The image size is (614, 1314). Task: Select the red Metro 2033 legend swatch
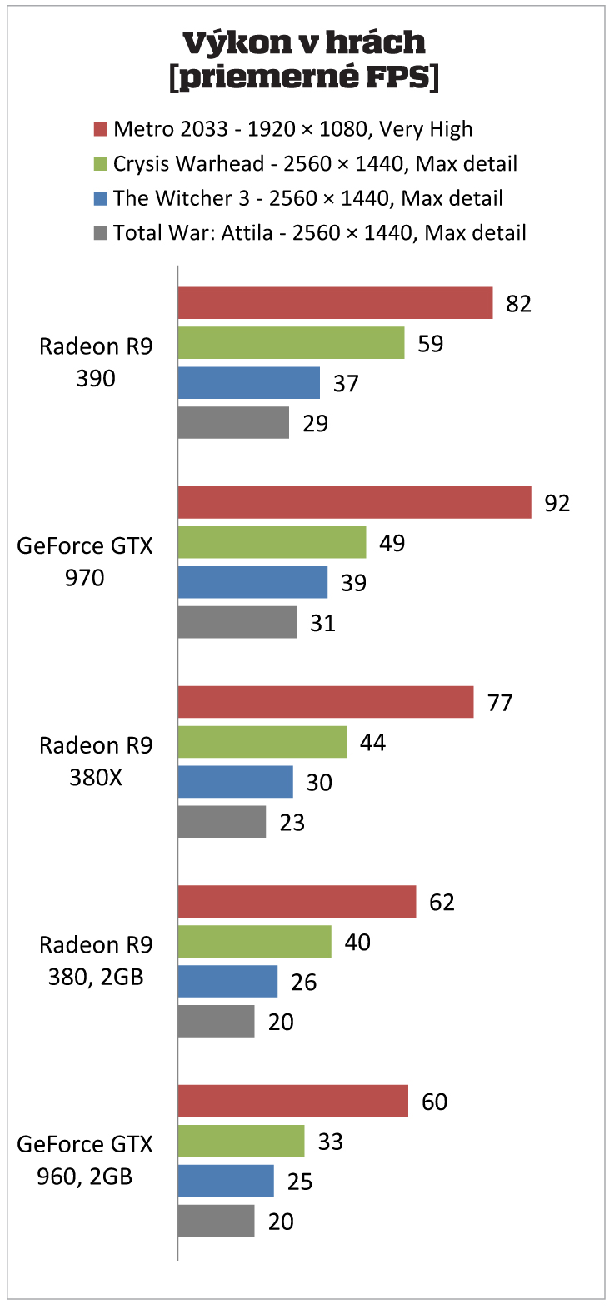coord(101,129)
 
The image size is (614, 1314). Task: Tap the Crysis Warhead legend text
coord(315,164)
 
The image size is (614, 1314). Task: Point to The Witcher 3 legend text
coord(307,198)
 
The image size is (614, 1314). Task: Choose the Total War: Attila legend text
coord(319,232)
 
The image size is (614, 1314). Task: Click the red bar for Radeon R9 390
coord(335,303)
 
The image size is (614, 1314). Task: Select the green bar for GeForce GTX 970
coord(272,542)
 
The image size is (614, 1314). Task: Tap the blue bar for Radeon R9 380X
coord(235,782)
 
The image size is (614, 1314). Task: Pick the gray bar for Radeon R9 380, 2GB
coord(216,1021)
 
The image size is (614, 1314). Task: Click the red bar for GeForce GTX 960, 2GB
coord(292,1101)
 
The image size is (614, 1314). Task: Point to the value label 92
coord(557,503)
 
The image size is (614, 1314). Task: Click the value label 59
coord(430,343)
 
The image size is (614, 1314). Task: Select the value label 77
coord(499,703)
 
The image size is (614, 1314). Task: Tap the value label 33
coord(330,1142)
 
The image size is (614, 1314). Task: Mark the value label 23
coord(292,823)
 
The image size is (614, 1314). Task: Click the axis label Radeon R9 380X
coord(96,761)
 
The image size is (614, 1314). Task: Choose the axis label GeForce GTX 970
coord(85,561)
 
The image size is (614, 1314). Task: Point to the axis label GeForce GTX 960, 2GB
coord(85,1160)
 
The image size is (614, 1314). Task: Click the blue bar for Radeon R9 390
coord(248,383)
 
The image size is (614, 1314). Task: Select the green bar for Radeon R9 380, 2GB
coord(254,942)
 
